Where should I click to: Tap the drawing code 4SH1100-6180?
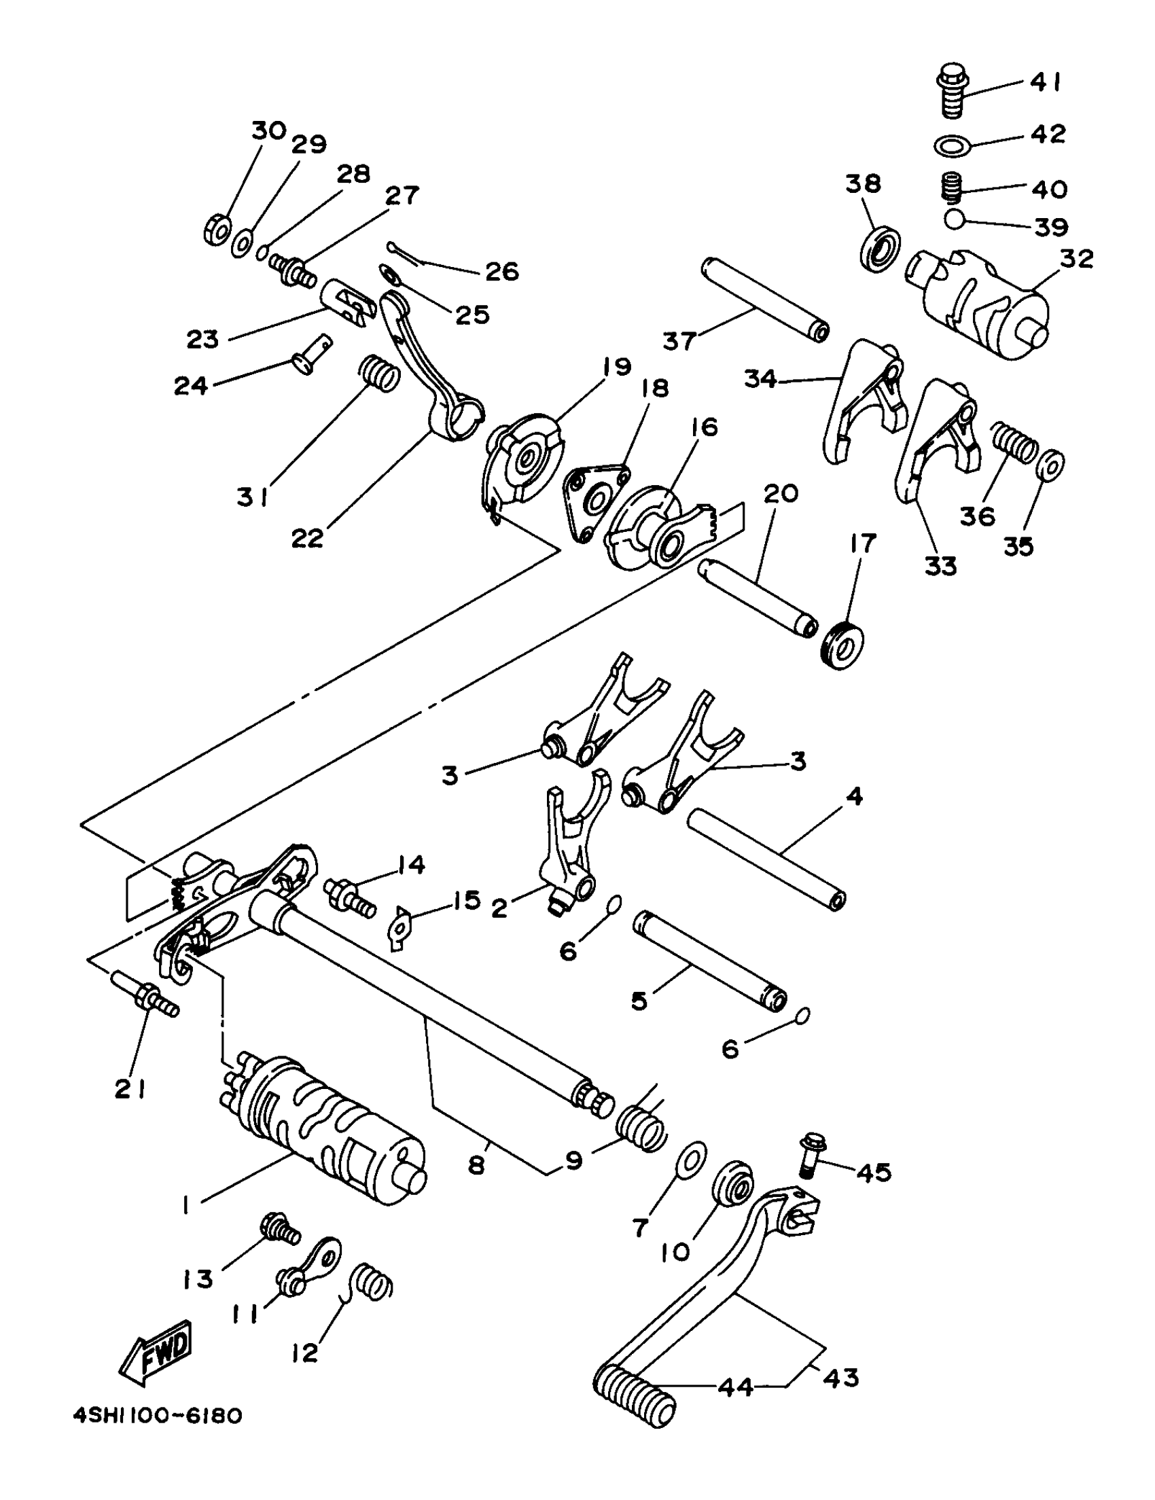coord(158,1417)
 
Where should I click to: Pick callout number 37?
coord(679,339)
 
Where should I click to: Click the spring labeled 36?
coord(1014,441)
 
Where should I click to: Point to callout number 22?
coord(307,538)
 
